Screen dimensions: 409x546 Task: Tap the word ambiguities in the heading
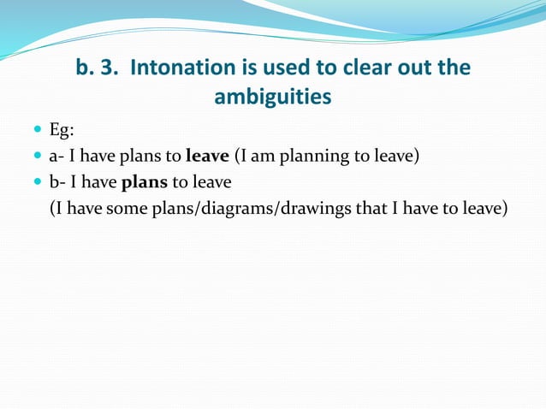tap(272, 97)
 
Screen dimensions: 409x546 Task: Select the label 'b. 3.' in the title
tap(97, 68)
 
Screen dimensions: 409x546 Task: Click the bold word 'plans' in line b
tap(145, 182)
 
